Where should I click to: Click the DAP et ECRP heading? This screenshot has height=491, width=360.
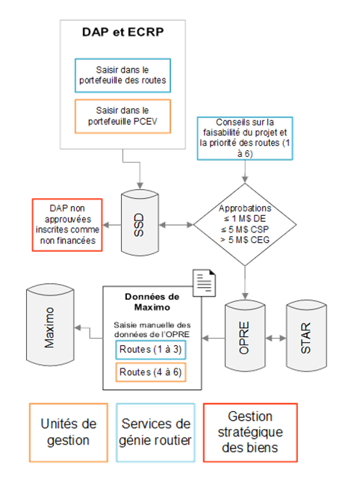[x=122, y=34]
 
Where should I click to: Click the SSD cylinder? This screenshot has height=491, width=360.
[x=138, y=222]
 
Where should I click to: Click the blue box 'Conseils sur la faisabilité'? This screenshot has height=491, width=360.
[x=244, y=140]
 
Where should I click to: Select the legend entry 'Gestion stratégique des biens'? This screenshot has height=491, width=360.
[x=249, y=433]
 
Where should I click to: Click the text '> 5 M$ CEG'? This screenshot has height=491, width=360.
[x=245, y=240]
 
